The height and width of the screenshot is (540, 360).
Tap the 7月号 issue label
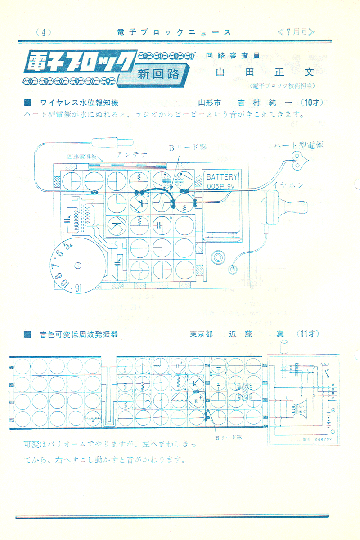click(296, 32)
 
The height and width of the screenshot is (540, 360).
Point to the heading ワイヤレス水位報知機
click(81, 103)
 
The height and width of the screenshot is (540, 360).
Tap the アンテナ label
click(131, 154)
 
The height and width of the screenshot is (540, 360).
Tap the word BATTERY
click(222, 177)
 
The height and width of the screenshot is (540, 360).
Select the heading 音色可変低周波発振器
click(79, 334)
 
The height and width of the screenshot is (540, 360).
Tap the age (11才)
click(308, 334)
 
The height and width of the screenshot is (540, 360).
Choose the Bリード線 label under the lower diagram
click(228, 437)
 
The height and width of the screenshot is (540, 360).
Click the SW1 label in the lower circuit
click(325, 363)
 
